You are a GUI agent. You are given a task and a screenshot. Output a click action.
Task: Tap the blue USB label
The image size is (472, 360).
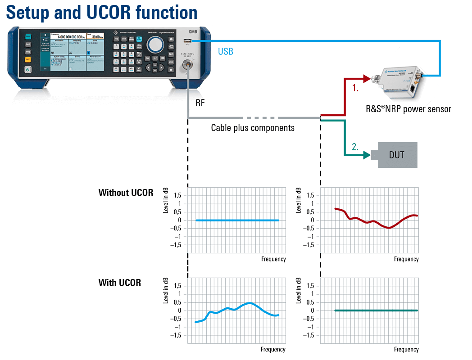pos(226,51)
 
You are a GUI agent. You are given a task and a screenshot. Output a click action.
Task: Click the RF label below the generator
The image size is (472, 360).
pos(200,103)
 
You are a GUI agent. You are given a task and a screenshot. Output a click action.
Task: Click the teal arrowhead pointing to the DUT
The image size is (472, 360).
pos(365,156)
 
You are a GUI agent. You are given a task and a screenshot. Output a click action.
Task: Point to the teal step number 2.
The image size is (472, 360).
pos(355,147)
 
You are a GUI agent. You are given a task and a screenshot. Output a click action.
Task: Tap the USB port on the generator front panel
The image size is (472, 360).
pos(186,42)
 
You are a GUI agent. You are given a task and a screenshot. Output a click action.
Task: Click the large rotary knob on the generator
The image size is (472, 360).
pos(156,44)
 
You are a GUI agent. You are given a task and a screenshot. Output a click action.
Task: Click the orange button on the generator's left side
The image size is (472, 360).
pos(27,59)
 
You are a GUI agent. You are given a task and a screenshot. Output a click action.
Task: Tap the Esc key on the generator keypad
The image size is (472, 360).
pos(147,58)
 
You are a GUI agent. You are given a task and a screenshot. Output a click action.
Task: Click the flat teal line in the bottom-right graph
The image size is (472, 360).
pos(376,310)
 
